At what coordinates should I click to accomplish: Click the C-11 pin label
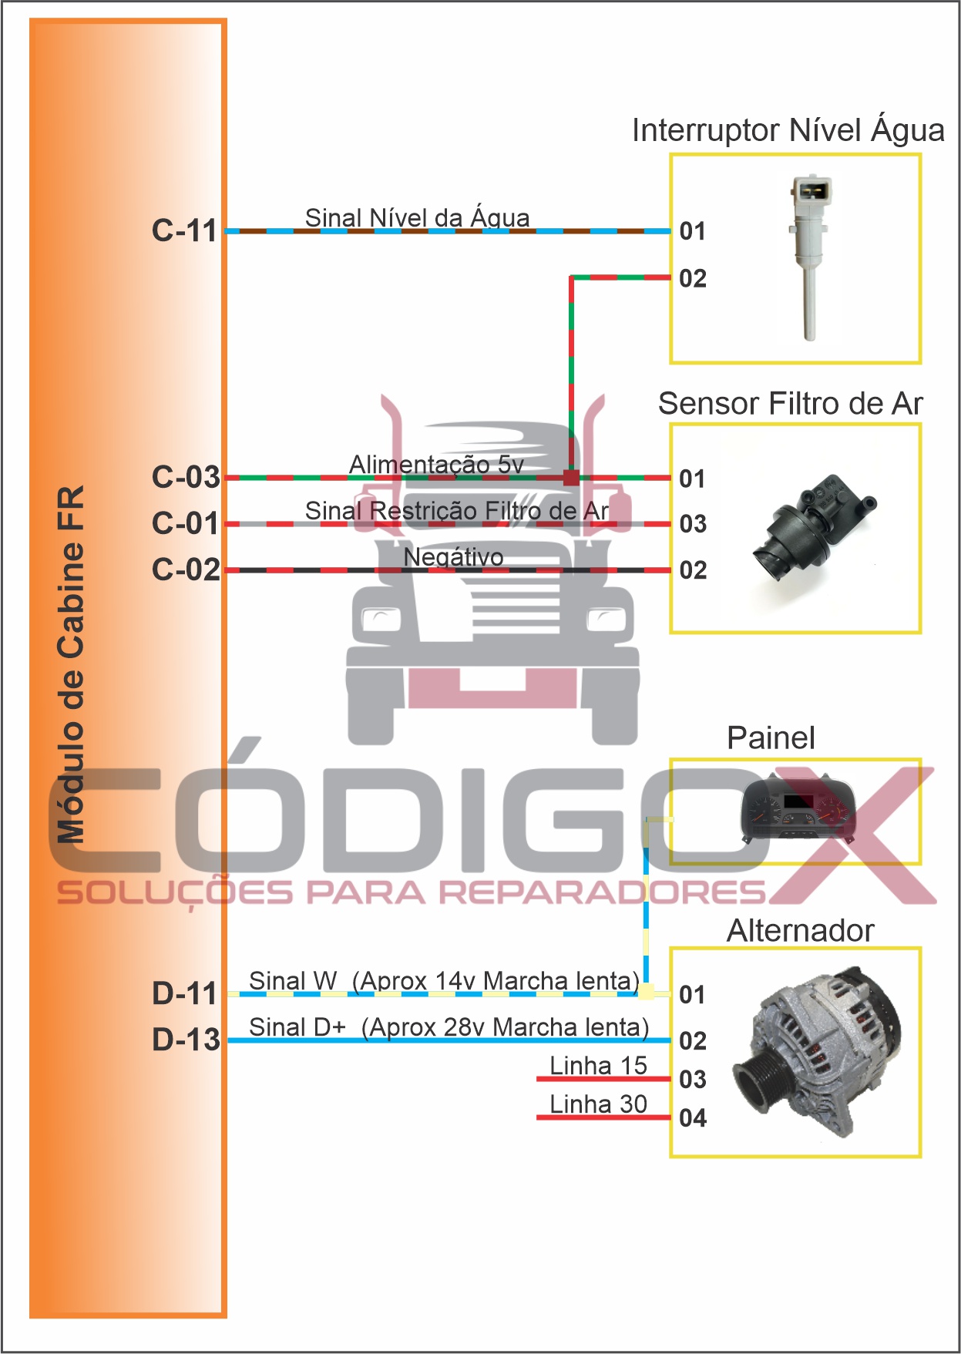(185, 230)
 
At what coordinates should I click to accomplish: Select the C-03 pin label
(186, 477)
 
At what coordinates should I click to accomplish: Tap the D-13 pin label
(186, 1040)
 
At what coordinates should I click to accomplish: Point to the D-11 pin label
(185, 993)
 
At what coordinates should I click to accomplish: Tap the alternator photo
(825, 1050)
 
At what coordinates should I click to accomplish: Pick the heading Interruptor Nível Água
(788, 131)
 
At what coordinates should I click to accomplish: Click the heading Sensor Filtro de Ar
(790, 404)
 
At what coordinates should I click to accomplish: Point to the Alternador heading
(800, 931)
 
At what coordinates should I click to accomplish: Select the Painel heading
(771, 738)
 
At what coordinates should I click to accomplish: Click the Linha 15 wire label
(598, 1065)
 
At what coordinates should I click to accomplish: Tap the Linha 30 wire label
(598, 1104)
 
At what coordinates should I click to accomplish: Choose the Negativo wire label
(453, 556)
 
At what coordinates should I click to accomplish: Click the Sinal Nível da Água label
(417, 217)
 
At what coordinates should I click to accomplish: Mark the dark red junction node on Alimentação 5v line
(571, 478)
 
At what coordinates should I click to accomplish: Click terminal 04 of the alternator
(693, 1117)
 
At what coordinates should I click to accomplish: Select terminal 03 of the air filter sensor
(693, 524)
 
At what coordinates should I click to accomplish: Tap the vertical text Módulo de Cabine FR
(71, 663)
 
